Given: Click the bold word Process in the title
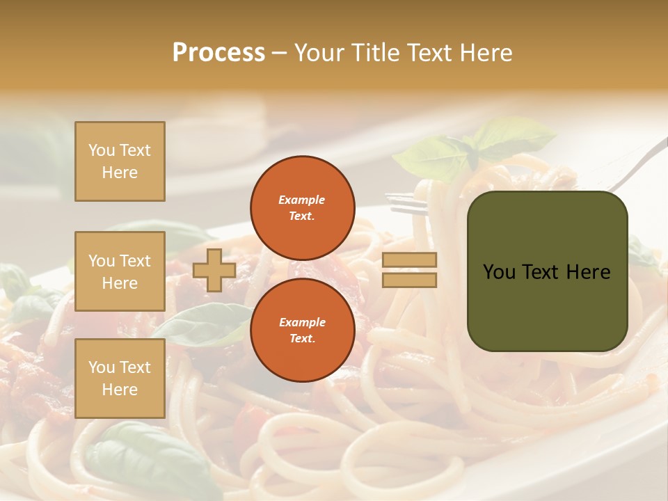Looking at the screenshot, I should click(x=218, y=53).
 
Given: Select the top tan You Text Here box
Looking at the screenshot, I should click(x=120, y=161).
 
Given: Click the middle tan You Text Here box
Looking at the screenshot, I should click(x=120, y=271).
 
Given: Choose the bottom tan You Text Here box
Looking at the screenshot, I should click(x=120, y=379).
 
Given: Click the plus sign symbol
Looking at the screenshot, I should click(x=214, y=270).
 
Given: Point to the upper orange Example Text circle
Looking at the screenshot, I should click(x=301, y=208).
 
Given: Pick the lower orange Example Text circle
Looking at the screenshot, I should click(x=301, y=331).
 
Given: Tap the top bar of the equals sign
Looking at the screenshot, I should click(x=410, y=260).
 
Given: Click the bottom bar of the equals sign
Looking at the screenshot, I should click(x=410, y=280).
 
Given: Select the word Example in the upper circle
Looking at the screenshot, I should click(x=301, y=200).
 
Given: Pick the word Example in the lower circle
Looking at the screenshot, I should click(x=301, y=322).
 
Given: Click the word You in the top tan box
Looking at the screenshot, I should click(x=101, y=150).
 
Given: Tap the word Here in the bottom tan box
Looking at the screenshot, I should click(x=120, y=390).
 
